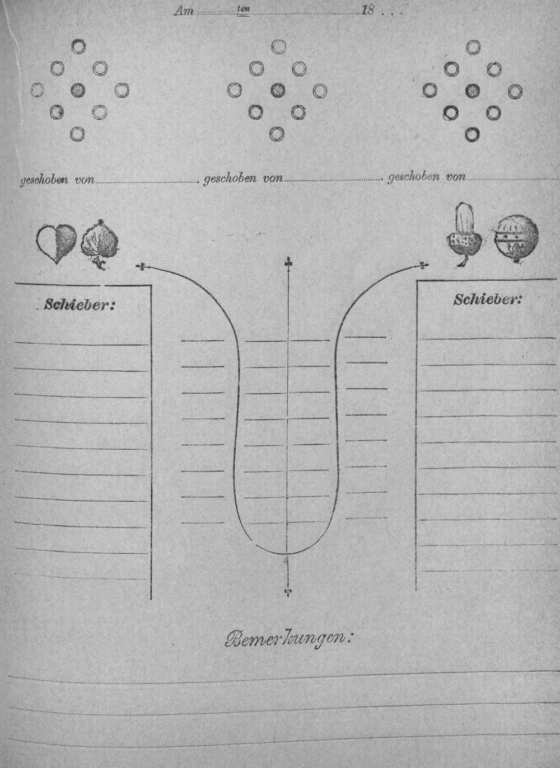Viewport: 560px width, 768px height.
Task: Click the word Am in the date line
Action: tap(184, 12)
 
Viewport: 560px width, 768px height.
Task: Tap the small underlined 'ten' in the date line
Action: tap(243, 10)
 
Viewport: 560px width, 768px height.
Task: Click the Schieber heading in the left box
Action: tap(79, 304)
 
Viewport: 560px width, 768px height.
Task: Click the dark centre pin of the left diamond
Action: tap(78, 90)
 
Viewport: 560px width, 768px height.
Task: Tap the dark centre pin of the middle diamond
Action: tap(278, 90)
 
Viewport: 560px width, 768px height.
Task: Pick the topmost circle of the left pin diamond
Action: tap(78, 46)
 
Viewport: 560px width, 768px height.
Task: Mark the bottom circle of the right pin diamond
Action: tap(473, 134)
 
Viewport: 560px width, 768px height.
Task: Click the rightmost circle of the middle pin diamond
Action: tap(320, 91)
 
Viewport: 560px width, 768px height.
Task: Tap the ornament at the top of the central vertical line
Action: tap(288, 262)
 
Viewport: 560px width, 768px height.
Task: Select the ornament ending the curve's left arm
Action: tap(141, 266)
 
